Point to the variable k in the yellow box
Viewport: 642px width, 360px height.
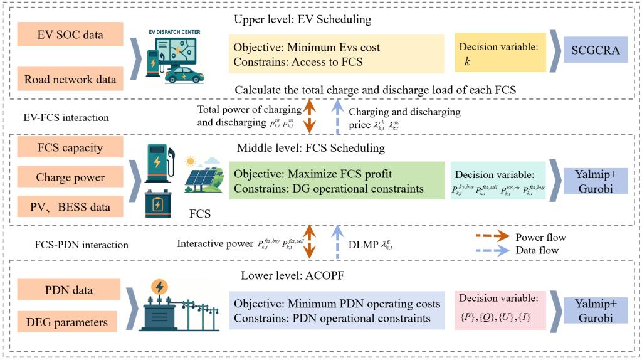click(x=467, y=62)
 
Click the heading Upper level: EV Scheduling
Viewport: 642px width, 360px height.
click(x=302, y=19)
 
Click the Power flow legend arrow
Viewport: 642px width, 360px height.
click(x=492, y=238)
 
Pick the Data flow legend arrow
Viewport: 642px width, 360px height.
click(x=492, y=250)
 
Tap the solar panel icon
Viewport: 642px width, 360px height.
click(x=203, y=177)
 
